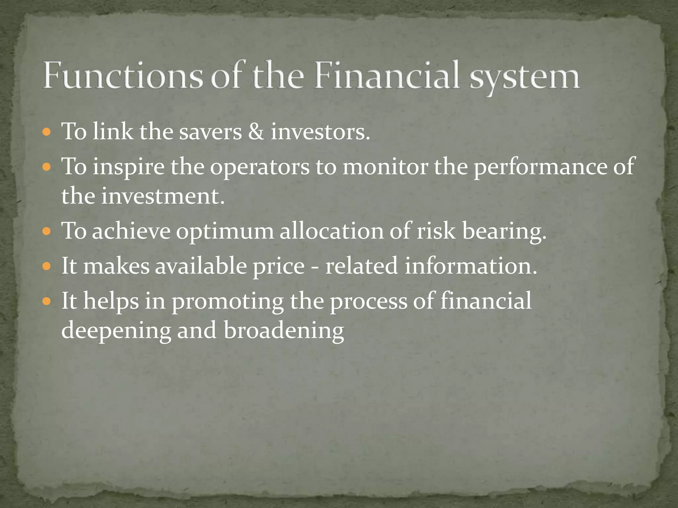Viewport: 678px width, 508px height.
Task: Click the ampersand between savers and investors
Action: coord(256,132)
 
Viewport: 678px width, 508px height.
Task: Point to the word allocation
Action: coord(331,231)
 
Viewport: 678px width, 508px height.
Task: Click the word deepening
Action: coord(116,331)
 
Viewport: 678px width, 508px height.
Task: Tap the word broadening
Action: coord(284,331)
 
